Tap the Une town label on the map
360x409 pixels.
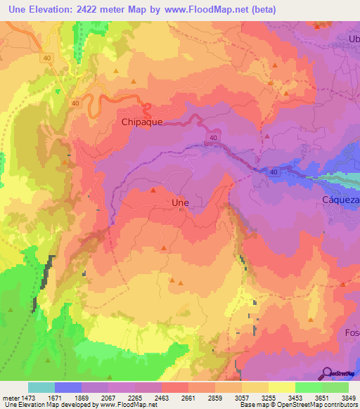[x=180, y=202]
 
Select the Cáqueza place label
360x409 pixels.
[x=340, y=200]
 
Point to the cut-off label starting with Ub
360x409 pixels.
[x=353, y=38]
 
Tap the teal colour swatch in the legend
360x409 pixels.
[x=41, y=387]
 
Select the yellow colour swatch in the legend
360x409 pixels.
[x=281, y=387]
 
